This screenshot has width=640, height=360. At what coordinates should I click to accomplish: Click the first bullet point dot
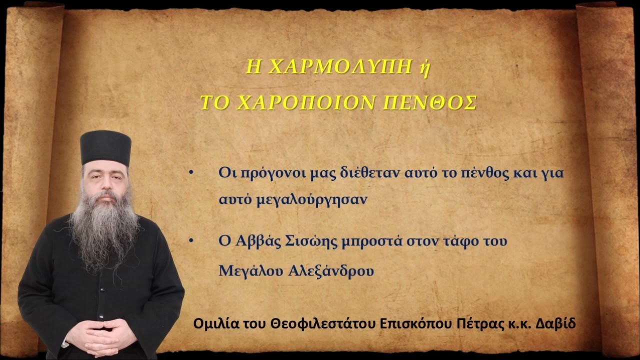tap(190, 173)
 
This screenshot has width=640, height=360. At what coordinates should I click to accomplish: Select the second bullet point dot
tap(190, 241)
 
